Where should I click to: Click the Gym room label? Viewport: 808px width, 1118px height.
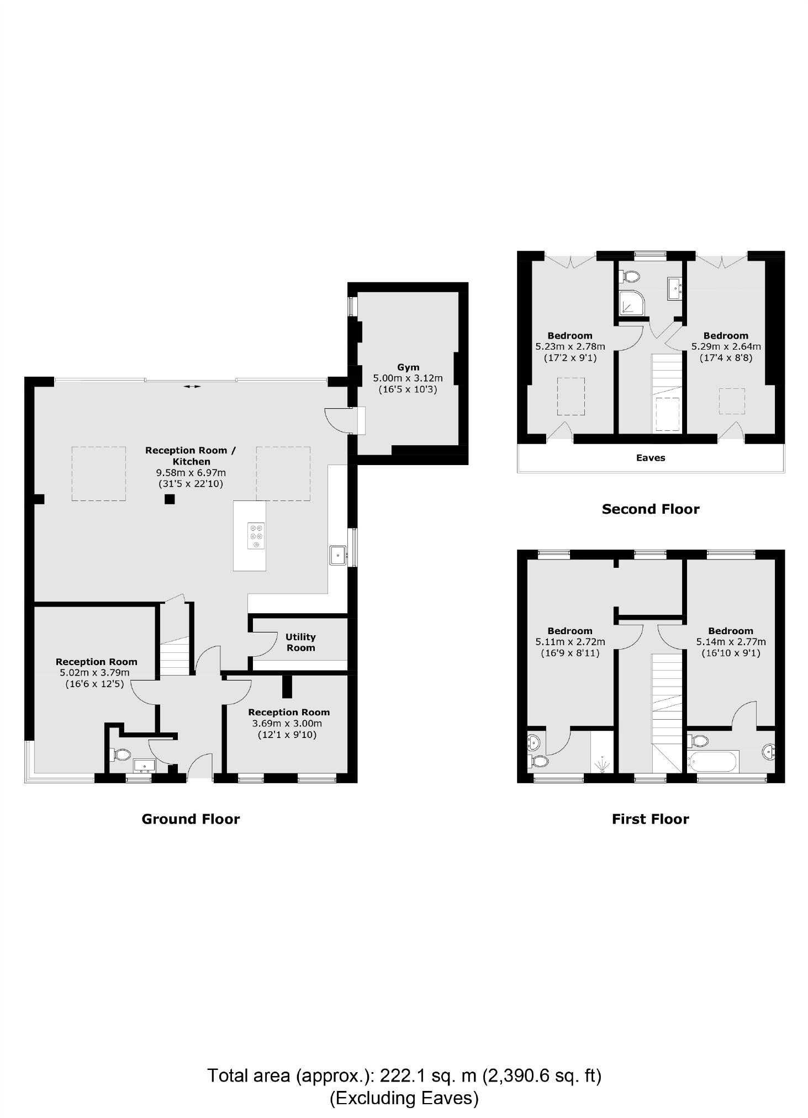click(408, 367)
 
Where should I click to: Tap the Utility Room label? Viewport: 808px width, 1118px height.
click(300, 642)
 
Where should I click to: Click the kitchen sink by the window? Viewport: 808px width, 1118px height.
click(337, 555)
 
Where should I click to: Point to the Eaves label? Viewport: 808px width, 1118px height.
click(651, 458)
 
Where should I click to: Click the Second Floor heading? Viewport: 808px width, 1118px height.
click(651, 509)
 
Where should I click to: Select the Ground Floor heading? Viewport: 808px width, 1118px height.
click(191, 819)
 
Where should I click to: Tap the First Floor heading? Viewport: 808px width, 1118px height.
click(651, 819)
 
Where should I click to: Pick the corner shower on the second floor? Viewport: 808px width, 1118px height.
click(631, 303)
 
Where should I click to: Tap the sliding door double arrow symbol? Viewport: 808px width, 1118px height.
click(192, 387)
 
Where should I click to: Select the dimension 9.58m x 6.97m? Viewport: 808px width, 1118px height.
click(191, 473)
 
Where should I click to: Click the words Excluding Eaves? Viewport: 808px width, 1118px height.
click(404, 1098)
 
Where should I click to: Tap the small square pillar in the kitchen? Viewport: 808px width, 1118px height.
click(170, 499)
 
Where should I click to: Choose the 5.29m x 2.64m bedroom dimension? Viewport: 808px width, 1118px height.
click(726, 347)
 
